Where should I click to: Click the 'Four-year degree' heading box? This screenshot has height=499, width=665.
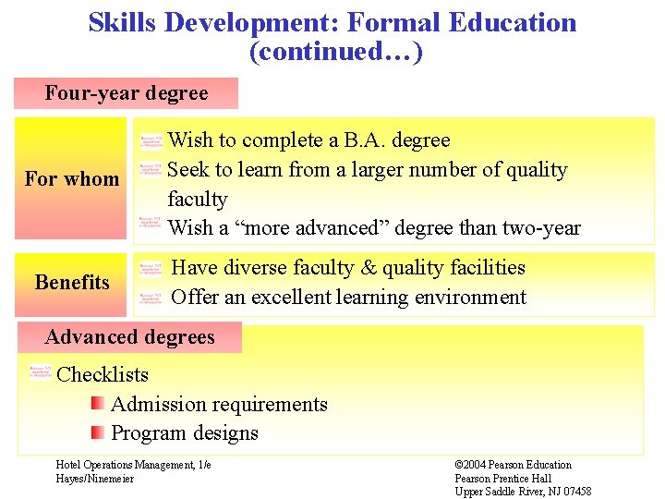127,93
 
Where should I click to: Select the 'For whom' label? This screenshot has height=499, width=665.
72,178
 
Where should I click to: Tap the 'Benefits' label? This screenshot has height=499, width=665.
72,282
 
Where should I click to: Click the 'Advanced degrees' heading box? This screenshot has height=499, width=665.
129,337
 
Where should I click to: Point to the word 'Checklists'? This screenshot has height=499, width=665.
103,374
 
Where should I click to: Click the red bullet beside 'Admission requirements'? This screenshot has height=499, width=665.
98,403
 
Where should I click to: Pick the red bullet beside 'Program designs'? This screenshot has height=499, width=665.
98,432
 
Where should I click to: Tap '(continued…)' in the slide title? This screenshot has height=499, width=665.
336,52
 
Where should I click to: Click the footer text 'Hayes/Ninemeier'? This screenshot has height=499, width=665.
95,478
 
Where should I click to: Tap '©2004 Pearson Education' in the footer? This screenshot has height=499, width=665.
513,465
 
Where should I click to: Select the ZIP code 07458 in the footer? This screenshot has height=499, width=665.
574,492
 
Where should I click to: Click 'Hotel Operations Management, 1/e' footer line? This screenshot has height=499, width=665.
133,465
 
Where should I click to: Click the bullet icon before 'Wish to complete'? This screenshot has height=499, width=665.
151,141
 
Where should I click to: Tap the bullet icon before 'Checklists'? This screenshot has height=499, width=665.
40,373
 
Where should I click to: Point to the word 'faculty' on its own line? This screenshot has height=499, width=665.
197,199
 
